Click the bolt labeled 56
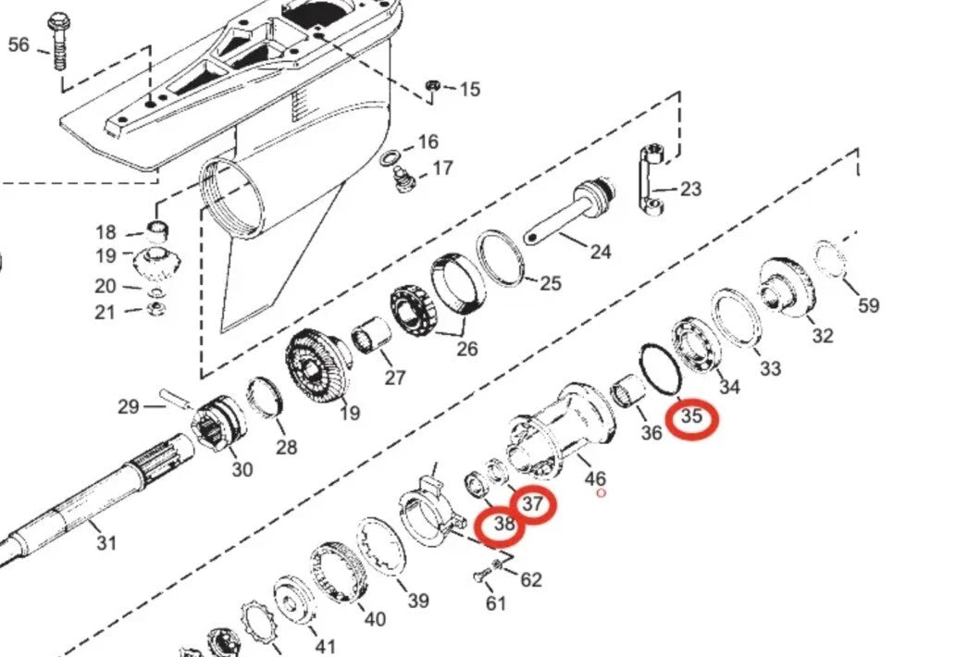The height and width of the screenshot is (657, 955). (58, 42)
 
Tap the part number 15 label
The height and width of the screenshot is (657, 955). (469, 90)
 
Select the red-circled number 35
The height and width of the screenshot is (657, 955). (692, 417)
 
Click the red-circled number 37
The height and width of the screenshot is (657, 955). (532, 504)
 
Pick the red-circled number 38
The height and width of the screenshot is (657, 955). (503, 526)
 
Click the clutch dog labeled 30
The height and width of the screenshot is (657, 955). (219, 421)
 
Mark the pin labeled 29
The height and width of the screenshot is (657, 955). (175, 398)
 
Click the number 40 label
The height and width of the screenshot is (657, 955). (374, 619)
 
